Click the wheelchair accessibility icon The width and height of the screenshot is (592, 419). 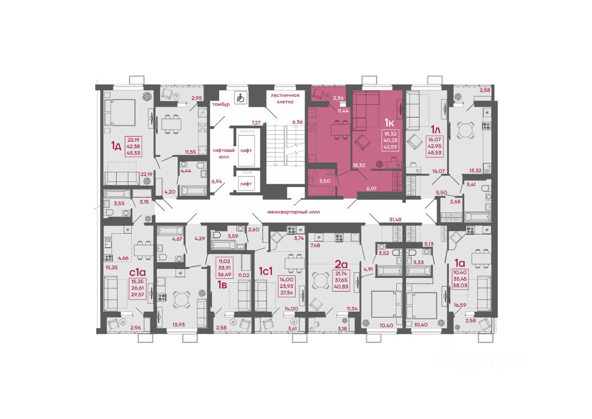[x=241, y=98]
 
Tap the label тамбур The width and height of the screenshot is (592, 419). [x=221, y=104]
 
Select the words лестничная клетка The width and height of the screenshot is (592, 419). [x=285, y=99]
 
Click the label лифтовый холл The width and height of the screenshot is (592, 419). [x=223, y=154]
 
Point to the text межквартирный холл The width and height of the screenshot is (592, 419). [x=294, y=212]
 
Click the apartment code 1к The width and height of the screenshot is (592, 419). [x=389, y=123]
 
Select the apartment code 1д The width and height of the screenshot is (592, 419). [x=116, y=146]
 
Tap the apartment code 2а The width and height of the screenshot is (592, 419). [x=341, y=264]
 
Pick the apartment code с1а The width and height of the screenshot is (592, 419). [x=137, y=272]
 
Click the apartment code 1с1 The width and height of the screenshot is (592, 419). [x=265, y=271]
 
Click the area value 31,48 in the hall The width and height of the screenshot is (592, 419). [x=395, y=219]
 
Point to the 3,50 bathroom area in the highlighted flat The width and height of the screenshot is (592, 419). [x=325, y=181]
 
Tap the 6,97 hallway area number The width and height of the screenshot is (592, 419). [x=371, y=188]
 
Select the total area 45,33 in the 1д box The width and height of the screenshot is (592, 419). [x=134, y=153]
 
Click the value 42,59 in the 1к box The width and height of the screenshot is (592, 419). [x=390, y=147]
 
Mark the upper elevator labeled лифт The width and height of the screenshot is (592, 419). [x=246, y=150]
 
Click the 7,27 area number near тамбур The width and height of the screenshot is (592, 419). [x=256, y=123]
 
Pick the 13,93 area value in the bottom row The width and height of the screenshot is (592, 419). [x=179, y=325]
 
